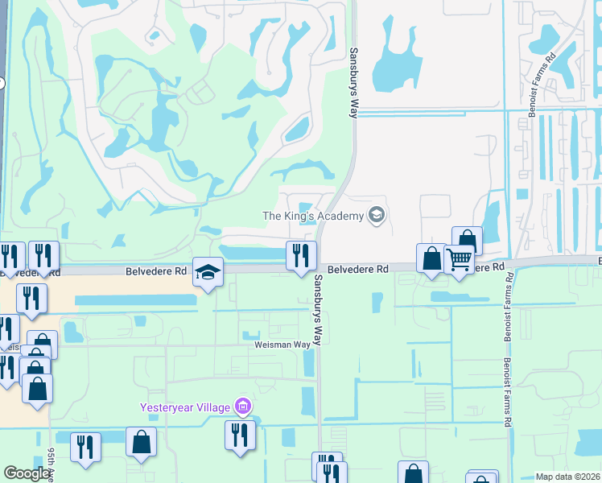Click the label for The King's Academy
pos(313,215)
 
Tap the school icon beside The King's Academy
pos(375,215)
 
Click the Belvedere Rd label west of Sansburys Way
pos(156,272)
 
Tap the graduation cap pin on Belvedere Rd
pos(208,273)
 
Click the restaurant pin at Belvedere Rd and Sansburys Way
pos(301,256)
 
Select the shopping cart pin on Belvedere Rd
pos(459,259)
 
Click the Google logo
pos(27,473)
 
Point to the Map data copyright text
pos(567,477)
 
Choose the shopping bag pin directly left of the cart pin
pos(431,258)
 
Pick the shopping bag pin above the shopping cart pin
pos(467,240)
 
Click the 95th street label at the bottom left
pos(51,465)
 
